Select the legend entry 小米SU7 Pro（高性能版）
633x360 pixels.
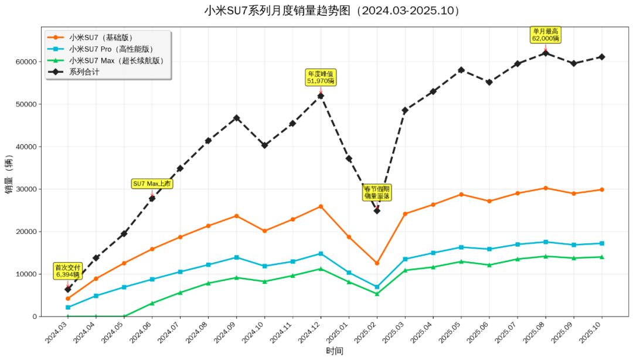pyautogui.click(x=111, y=49)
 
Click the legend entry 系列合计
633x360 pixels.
pyautogui.click(x=84, y=72)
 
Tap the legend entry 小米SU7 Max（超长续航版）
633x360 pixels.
pyautogui.click(x=116, y=60)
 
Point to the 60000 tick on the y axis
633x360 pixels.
pyautogui.click(x=26, y=62)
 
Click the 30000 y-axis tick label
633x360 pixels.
pyautogui.click(x=26, y=189)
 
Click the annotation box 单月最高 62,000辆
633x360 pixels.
pyautogui.click(x=546, y=34)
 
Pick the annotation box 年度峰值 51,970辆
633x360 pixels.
pyautogui.click(x=321, y=77)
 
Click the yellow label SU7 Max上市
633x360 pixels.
pyautogui.click(x=152, y=184)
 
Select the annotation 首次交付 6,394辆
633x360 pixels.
pyautogui.click(x=67, y=270)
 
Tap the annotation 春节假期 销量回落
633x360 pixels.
pyautogui.click(x=376, y=192)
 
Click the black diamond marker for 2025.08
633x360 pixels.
pyautogui.click(x=546, y=53)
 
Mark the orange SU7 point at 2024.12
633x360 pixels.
pyautogui.click(x=321, y=206)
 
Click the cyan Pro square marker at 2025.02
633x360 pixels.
pyautogui.click(x=377, y=287)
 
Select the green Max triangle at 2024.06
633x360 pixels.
pyautogui.click(x=152, y=303)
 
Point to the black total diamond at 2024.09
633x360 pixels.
pyautogui.click(x=236, y=118)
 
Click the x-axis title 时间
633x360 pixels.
pyautogui.click(x=335, y=351)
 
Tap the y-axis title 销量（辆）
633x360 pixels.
pyautogui.click(x=9, y=175)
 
